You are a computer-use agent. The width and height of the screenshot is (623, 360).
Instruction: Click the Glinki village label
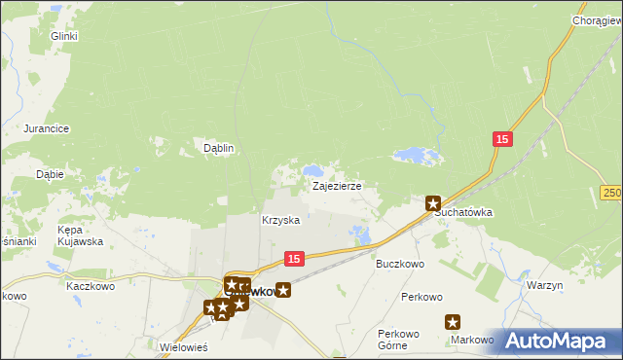point(64,36)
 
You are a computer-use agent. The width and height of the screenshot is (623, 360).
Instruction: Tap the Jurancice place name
point(46,128)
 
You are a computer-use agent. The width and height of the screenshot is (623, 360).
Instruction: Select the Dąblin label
point(218,148)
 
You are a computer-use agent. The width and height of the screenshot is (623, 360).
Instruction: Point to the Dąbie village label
point(50,175)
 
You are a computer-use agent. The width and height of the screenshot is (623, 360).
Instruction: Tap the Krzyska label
point(280,221)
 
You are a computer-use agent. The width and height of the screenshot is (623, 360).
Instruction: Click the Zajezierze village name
point(337,185)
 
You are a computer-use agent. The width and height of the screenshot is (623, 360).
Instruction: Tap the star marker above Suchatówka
point(433,202)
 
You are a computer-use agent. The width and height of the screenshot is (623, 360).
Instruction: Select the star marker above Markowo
point(453,322)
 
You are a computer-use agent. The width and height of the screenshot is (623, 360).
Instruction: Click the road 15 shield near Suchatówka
point(501,140)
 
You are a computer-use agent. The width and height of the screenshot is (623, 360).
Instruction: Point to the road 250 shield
point(611,194)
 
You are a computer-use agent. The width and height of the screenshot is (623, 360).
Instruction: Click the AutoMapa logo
point(557,341)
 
